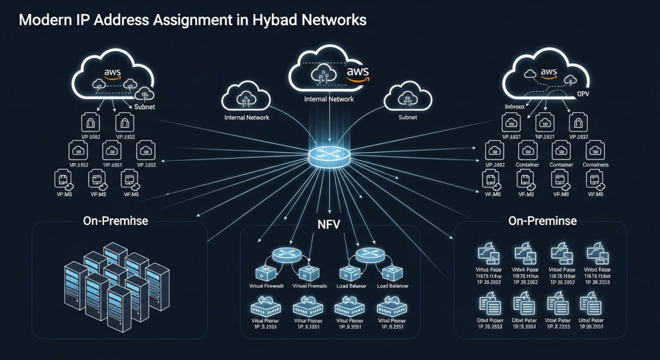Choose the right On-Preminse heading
pos(543,221)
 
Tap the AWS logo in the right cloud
pos(548,73)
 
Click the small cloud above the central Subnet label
pos(407,99)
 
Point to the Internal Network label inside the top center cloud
pos(329,99)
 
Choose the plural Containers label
pos(595,165)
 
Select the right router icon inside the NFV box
pos(369,253)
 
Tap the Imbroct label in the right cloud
pos(514,106)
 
